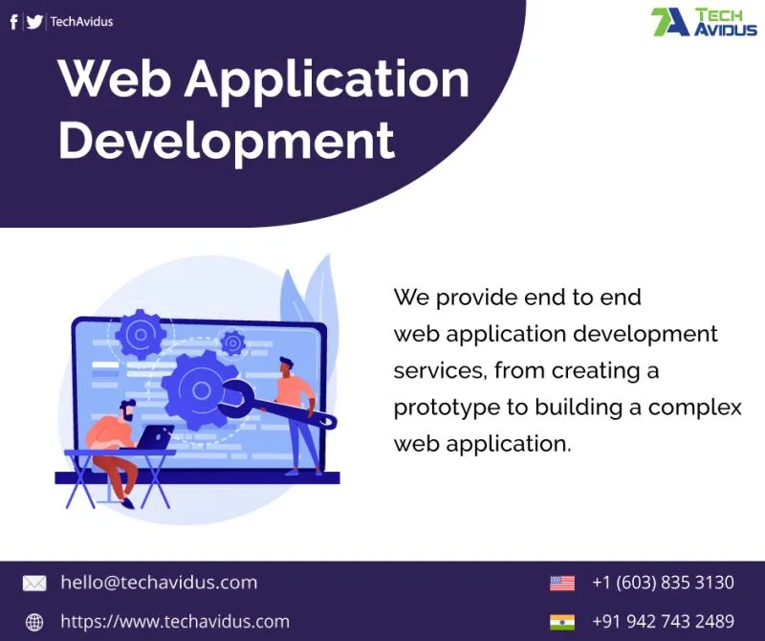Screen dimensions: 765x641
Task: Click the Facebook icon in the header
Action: coord(14,21)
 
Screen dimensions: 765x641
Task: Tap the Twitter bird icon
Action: coord(34,22)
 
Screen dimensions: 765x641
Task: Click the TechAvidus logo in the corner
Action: coord(704,22)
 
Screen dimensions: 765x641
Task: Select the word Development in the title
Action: coord(227,141)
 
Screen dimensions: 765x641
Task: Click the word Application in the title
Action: coord(326,79)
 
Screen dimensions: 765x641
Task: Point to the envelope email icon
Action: coord(34,583)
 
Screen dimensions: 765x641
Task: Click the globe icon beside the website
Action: coord(34,622)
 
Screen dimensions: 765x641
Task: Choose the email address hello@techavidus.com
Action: coord(159,583)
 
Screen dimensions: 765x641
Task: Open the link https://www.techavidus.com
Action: coord(175,622)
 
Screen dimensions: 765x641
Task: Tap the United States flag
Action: coord(562,584)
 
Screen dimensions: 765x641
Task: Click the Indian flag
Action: coord(562,622)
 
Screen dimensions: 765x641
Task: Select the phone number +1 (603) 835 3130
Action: coord(663,583)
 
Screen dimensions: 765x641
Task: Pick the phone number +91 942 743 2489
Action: coord(663,622)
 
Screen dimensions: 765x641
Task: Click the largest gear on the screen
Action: coord(201,390)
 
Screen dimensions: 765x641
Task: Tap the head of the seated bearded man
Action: coord(127,411)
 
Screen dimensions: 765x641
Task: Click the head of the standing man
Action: coord(286,366)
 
